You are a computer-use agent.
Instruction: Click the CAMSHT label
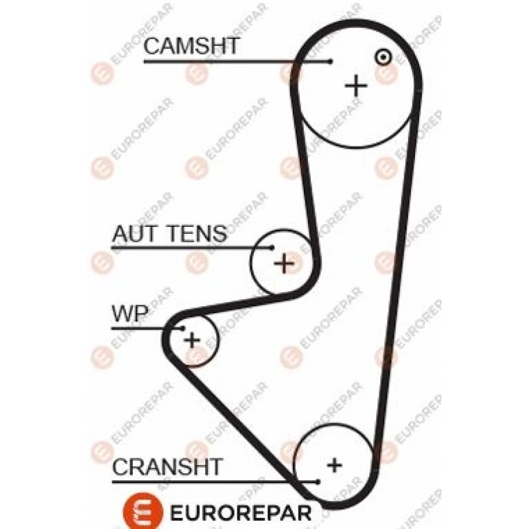(192, 46)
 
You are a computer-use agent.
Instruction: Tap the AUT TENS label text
(170, 233)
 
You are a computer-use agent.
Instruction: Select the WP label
(130, 313)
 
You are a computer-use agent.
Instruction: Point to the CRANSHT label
(168, 467)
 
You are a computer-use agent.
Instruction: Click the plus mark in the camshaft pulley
(356, 86)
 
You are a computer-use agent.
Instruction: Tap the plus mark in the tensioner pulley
(284, 263)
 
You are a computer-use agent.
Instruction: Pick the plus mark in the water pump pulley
(192, 340)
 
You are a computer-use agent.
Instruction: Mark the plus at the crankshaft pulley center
(334, 466)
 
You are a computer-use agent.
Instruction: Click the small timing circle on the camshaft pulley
(383, 57)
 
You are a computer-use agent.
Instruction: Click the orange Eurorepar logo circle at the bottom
(143, 511)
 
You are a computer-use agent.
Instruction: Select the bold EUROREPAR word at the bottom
(241, 513)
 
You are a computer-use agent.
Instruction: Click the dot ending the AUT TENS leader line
(272, 248)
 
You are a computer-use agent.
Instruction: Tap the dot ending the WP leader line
(183, 327)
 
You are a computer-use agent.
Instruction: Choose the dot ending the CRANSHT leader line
(317, 482)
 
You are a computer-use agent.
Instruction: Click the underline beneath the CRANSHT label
(215, 482)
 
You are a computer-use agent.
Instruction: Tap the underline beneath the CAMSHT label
(237, 61)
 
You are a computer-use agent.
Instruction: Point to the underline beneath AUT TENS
(192, 248)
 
